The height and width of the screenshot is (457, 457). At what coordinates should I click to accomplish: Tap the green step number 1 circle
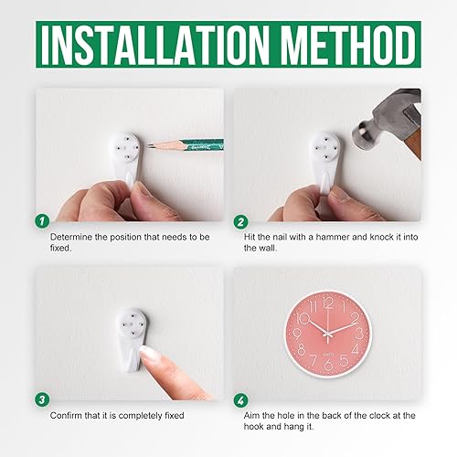(x=41, y=220)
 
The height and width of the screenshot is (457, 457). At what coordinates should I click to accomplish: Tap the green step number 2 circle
(x=239, y=220)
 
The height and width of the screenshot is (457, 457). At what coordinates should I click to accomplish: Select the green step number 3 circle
(x=41, y=399)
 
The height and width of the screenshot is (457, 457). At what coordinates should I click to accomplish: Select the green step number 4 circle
(x=239, y=399)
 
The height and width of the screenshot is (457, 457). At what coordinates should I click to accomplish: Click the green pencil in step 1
(x=184, y=143)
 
